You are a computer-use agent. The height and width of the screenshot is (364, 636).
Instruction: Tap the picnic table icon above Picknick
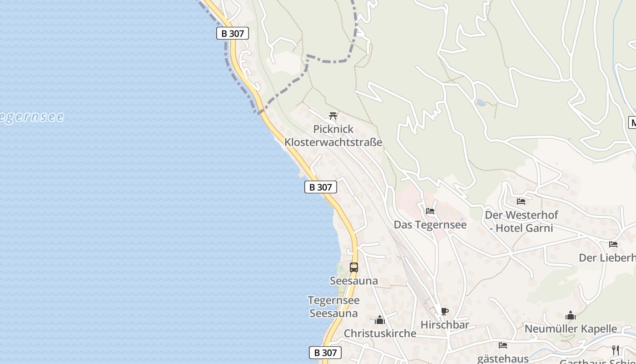pos(333,116)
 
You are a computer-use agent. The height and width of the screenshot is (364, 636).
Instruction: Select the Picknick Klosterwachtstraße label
pos(333,136)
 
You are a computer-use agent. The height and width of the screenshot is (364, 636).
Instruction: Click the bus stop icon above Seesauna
pos(354,268)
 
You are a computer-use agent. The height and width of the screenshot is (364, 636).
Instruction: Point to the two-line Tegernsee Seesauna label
pos(333,307)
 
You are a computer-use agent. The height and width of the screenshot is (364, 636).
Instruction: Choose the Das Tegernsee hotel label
pos(430,225)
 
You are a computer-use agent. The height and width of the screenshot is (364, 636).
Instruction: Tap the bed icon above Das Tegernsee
pos(430,211)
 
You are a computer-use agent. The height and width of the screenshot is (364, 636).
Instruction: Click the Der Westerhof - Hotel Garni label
pos(521,221)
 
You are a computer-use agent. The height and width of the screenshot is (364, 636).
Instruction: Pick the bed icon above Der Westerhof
pos(521,201)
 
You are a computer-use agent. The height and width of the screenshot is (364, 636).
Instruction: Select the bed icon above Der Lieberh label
pos(613,244)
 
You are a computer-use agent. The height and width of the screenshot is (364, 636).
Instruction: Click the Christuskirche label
pos(380,334)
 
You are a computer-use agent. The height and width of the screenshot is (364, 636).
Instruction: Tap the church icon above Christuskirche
pos(380,320)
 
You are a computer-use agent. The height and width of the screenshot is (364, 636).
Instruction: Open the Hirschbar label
pos(444,325)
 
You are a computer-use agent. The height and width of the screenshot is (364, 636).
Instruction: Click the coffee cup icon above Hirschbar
pos(444,312)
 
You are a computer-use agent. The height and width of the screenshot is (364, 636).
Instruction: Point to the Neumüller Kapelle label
pos(571,329)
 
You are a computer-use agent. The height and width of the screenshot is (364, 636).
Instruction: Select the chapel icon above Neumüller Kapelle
pos(571,315)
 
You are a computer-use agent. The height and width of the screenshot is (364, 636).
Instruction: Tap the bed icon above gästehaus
pos(502,345)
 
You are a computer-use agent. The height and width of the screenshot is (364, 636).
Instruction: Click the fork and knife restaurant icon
pos(616,350)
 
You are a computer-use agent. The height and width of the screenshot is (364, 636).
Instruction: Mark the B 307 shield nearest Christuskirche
pos(325,353)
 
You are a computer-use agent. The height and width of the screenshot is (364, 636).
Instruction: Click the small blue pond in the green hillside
pos(481,102)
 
